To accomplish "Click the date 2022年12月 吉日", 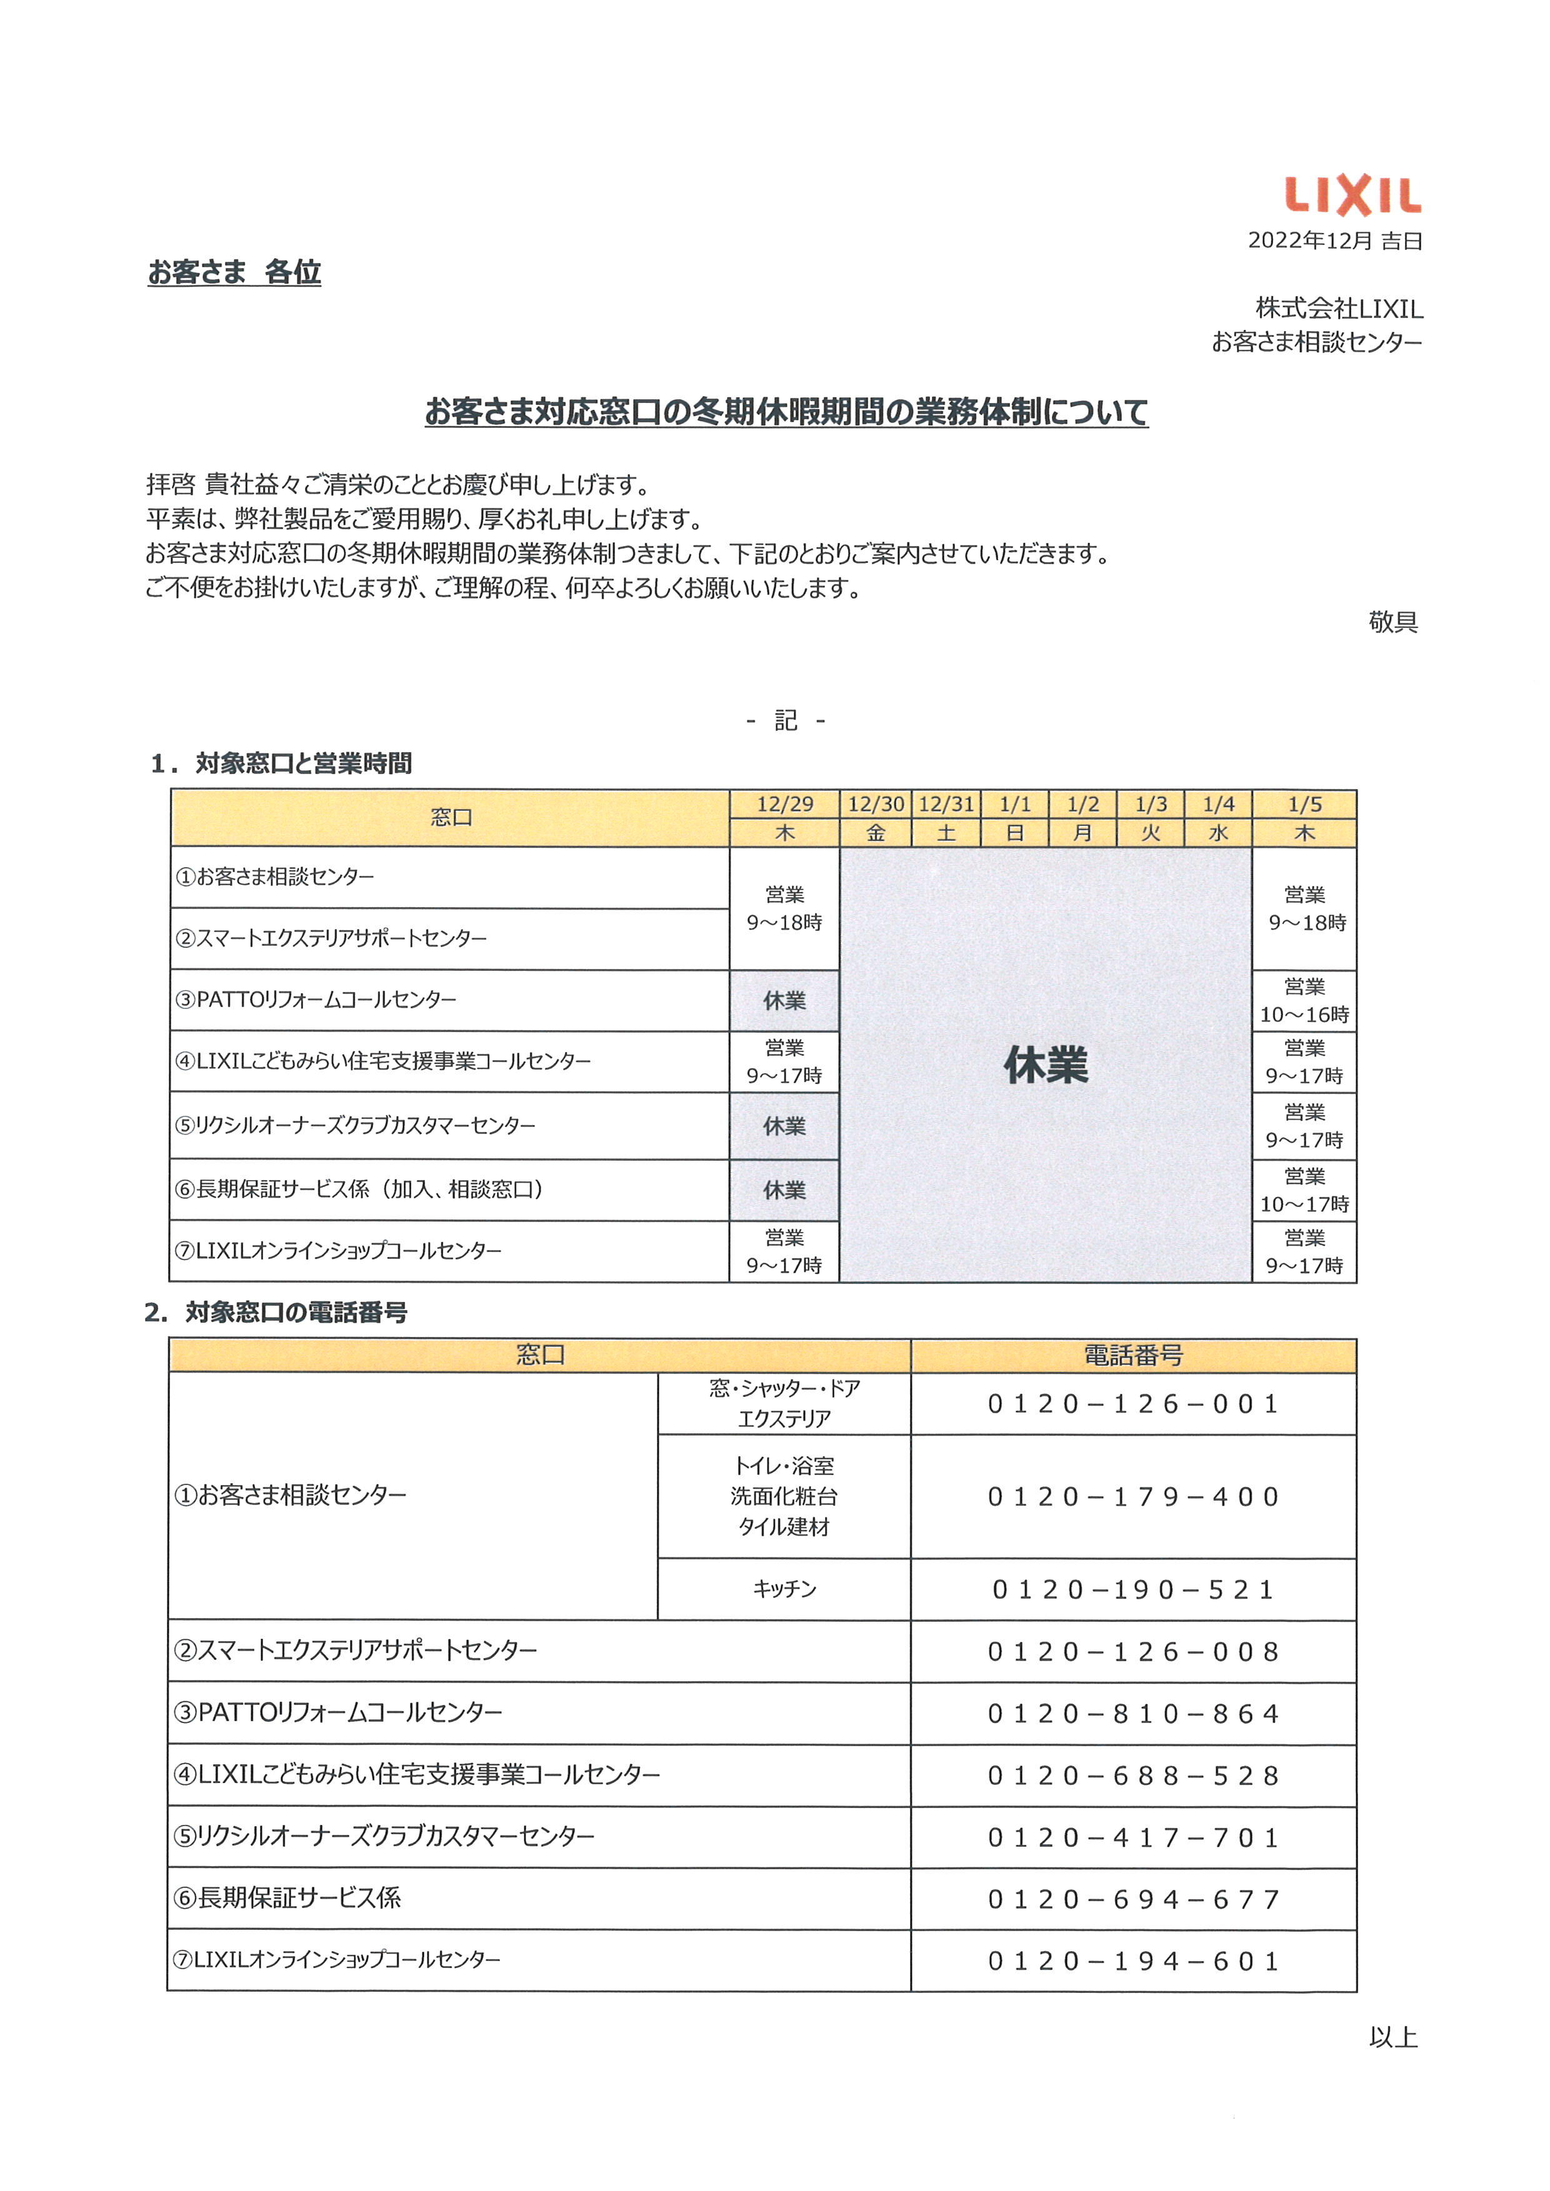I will coord(1334,241).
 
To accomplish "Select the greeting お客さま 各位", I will coord(234,273).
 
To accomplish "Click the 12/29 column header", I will coord(784,805).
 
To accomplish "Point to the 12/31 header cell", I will coord(946,805).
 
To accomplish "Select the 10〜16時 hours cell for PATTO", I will coord(1304,1001).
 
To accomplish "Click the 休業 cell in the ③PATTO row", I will coord(784,1001).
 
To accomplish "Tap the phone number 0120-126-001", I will coord(1133,1404).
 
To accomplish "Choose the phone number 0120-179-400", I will coord(1133,1496).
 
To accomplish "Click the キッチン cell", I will coord(784,1589).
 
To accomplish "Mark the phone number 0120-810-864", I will coord(1133,1714).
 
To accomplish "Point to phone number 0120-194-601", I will coord(1133,1961).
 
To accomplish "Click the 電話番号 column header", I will coord(1133,1355).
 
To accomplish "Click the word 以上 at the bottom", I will coord(1392,2039).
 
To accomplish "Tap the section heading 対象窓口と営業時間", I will coord(304,763).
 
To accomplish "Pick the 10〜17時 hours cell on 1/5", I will coord(1304,1191).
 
